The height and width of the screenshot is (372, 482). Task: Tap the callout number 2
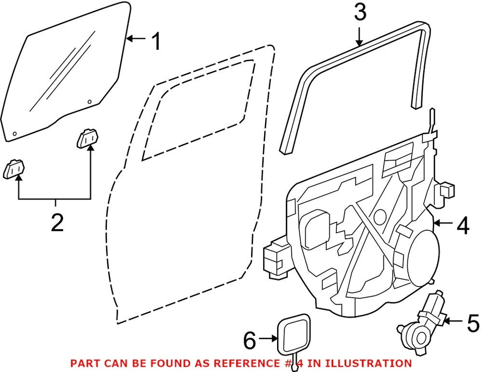click(57, 222)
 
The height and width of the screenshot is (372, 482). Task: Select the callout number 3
click(360, 13)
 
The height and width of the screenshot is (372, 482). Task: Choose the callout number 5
click(472, 323)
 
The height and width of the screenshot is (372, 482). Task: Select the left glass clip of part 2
click(15, 169)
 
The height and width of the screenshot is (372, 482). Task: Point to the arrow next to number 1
click(137, 39)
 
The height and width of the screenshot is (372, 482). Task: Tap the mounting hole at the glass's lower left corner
click(15, 134)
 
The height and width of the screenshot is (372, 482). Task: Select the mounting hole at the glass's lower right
click(89, 102)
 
